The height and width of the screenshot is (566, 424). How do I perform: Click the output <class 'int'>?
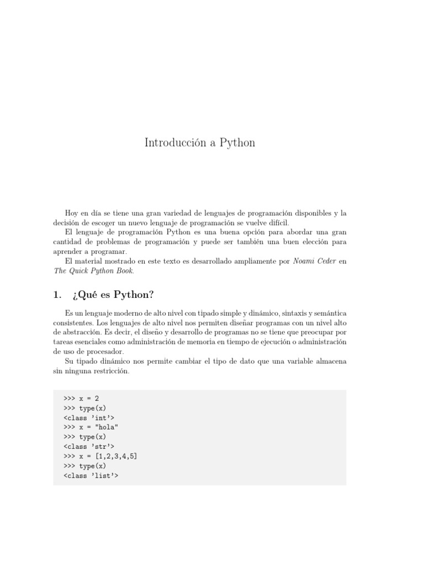click(89, 417)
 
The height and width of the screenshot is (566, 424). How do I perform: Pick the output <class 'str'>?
click(89, 447)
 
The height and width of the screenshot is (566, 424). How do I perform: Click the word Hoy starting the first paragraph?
click(72, 213)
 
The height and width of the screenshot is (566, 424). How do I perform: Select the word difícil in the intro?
click(276, 223)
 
